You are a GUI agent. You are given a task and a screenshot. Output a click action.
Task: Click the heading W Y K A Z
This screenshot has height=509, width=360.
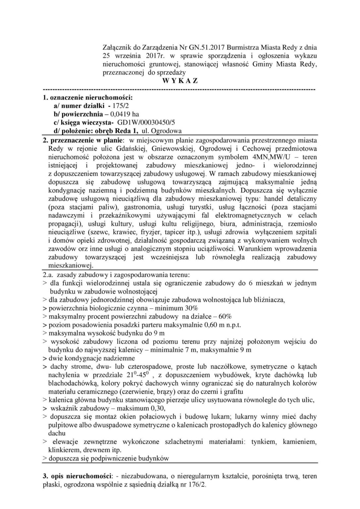180,81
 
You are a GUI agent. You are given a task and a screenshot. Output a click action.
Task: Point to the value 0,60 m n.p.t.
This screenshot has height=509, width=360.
223,325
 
